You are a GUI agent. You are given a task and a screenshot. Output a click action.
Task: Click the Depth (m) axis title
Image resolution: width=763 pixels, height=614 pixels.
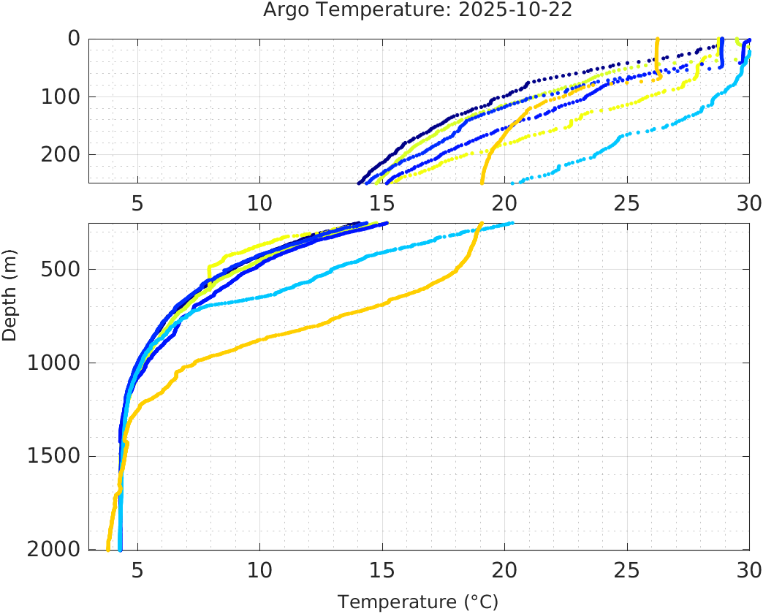10,303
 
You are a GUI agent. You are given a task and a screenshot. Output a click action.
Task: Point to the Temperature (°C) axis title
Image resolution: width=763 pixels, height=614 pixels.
417,602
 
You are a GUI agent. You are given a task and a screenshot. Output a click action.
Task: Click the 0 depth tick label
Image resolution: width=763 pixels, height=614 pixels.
73,39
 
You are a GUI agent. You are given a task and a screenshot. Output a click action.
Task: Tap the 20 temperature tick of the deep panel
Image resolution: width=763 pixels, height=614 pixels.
504,569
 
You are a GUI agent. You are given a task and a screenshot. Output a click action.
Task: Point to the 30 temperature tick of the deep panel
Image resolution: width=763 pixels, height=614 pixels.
748,569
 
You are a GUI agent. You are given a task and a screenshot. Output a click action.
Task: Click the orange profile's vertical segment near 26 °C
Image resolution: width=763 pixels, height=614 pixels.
658,57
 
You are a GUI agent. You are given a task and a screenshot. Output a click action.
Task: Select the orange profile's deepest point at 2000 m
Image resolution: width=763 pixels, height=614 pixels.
108,547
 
